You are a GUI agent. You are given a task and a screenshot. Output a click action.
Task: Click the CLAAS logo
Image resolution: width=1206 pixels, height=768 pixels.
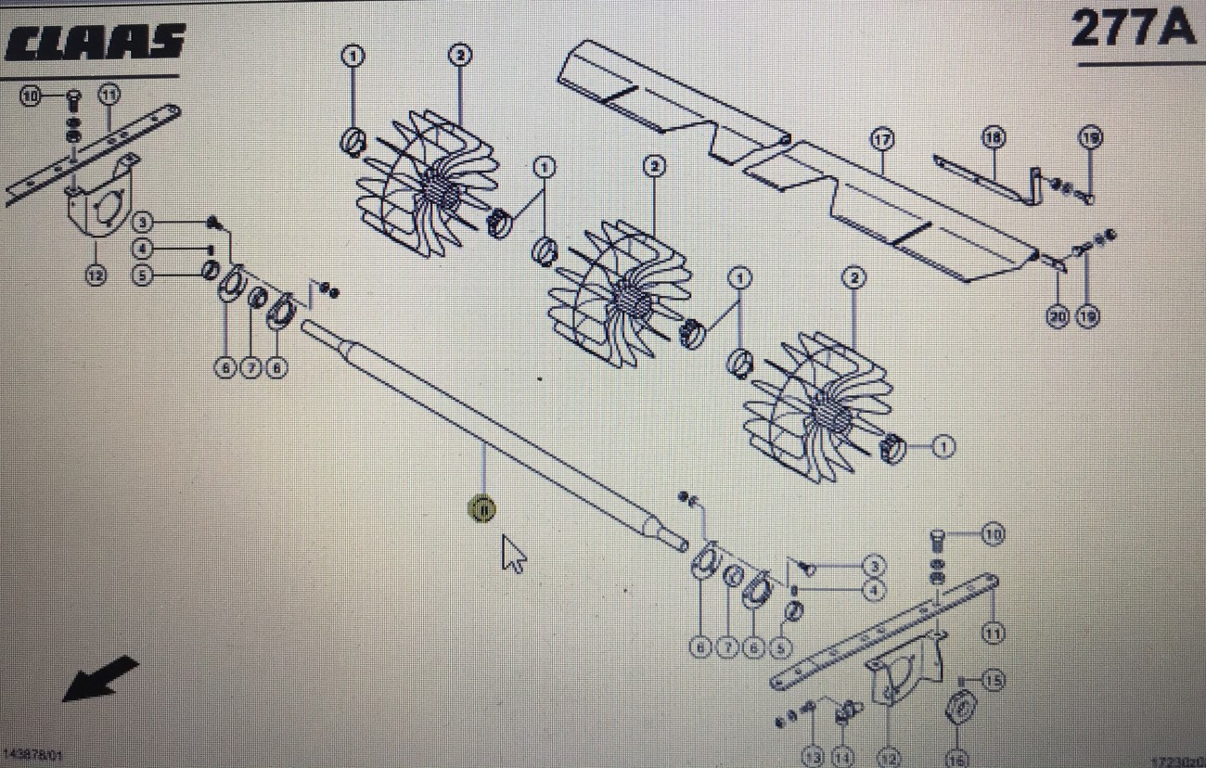[x=93, y=42]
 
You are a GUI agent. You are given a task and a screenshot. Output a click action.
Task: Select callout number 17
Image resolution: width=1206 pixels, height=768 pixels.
[x=880, y=139]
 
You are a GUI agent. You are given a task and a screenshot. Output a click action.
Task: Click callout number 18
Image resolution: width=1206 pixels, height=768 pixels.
[x=994, y=138]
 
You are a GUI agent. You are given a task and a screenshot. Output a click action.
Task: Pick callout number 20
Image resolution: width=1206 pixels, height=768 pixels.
[x=1058, y=316]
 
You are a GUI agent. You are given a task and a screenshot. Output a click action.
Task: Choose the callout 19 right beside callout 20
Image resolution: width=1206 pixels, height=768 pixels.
[x=1087, y=316]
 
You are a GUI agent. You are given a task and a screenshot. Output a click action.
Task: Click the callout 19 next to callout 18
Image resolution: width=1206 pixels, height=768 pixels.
[x=1090, y=138]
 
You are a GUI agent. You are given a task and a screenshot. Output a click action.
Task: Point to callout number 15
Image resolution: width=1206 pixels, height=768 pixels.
[x=994, y=681]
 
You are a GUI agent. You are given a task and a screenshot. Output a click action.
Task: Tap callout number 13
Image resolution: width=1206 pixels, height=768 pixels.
[x=814, y=758]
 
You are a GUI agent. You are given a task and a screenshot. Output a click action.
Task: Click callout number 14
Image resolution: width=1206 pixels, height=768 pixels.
[x=842, y=758]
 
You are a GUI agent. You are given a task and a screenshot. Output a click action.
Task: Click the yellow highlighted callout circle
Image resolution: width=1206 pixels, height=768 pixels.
[x=482, y=509]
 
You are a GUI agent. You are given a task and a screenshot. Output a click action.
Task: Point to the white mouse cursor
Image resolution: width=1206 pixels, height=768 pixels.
[x=513, y=554]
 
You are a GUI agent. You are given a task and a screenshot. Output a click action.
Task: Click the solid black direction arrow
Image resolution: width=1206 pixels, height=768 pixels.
[x=100, y=678]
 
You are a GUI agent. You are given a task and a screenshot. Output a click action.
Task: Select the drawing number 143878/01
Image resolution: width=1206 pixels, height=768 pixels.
[x=33, y=756]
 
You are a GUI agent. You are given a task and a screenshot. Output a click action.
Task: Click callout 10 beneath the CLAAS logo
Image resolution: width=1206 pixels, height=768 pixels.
[x=32, y=96]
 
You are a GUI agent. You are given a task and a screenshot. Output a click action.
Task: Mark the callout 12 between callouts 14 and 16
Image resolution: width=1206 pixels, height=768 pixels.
[x=888, y=758]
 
